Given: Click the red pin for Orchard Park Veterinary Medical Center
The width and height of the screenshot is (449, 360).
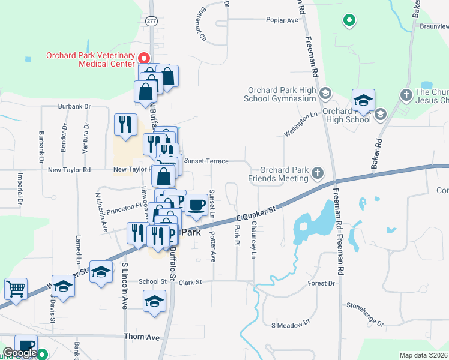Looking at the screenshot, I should pos(144,58).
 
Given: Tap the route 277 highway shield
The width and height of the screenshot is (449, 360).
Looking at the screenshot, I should pos(152,20).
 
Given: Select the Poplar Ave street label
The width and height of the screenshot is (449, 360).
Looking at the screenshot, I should pos(282,20).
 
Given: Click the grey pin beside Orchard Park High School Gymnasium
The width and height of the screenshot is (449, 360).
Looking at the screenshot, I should pos(325,93).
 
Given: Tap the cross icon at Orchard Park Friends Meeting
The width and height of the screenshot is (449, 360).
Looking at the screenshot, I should pos(318,174).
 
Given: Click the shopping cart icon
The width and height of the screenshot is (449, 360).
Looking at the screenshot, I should pos(16,289).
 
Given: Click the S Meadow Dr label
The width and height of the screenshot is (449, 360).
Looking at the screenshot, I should pos(290,324).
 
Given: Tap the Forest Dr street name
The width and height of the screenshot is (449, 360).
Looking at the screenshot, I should pos(321,283).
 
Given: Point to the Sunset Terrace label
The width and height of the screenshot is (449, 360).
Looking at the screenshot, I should pos(206,161).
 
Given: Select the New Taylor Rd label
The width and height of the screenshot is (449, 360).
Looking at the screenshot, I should pos(70,170).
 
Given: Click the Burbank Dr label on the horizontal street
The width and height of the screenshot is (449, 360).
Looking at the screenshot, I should pos(74,106).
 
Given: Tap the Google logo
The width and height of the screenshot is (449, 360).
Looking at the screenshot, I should pos(20,353).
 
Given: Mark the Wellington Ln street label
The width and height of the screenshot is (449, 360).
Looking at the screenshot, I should pos(300,124).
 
